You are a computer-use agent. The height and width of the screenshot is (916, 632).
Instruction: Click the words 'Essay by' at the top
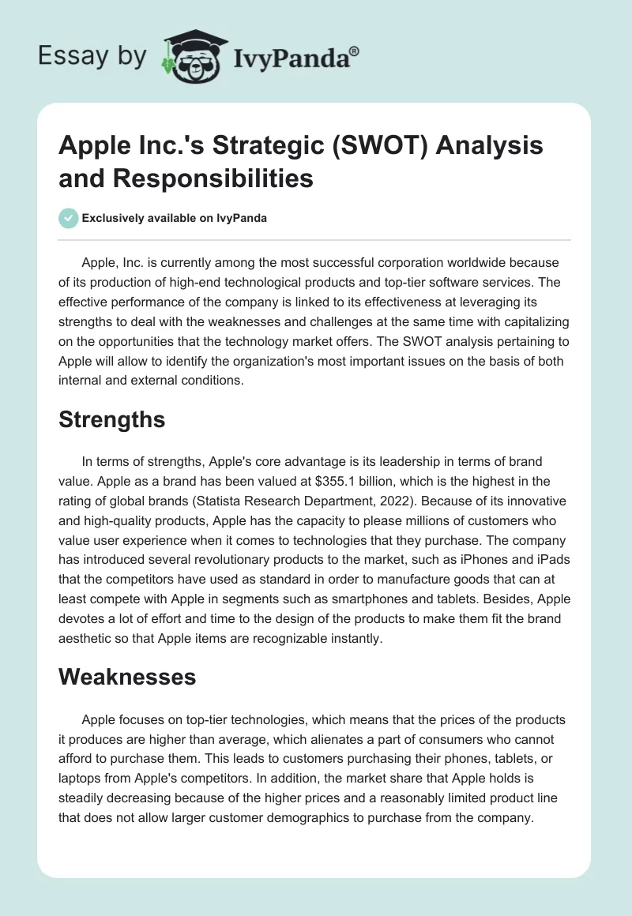coord(91,56)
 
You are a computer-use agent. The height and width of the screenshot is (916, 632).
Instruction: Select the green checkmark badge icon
coord(69,219)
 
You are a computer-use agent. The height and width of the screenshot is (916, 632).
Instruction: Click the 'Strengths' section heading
coord(111,420)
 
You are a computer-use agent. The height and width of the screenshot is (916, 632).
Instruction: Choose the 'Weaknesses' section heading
coord(126,677)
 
